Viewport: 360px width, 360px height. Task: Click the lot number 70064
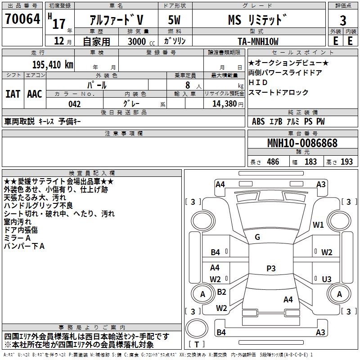[22, 20]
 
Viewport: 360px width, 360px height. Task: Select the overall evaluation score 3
[343, 21]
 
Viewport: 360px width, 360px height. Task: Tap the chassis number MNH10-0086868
[302, 144]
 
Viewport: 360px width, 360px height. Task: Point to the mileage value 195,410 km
[53, 65]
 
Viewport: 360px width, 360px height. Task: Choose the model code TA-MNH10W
[258, 41]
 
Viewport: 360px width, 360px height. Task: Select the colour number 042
[74, 104]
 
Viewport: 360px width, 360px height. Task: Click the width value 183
[310, 162]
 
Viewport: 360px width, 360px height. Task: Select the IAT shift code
[13, 94]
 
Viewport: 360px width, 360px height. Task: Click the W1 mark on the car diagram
[319, 225]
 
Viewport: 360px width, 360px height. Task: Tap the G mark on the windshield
[257, 237]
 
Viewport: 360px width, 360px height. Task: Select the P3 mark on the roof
[270, 269]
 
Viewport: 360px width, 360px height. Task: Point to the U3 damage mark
[327, 279]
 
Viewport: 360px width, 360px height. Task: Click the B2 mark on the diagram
[221, 292]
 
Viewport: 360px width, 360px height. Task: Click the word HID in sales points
[258, 82]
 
